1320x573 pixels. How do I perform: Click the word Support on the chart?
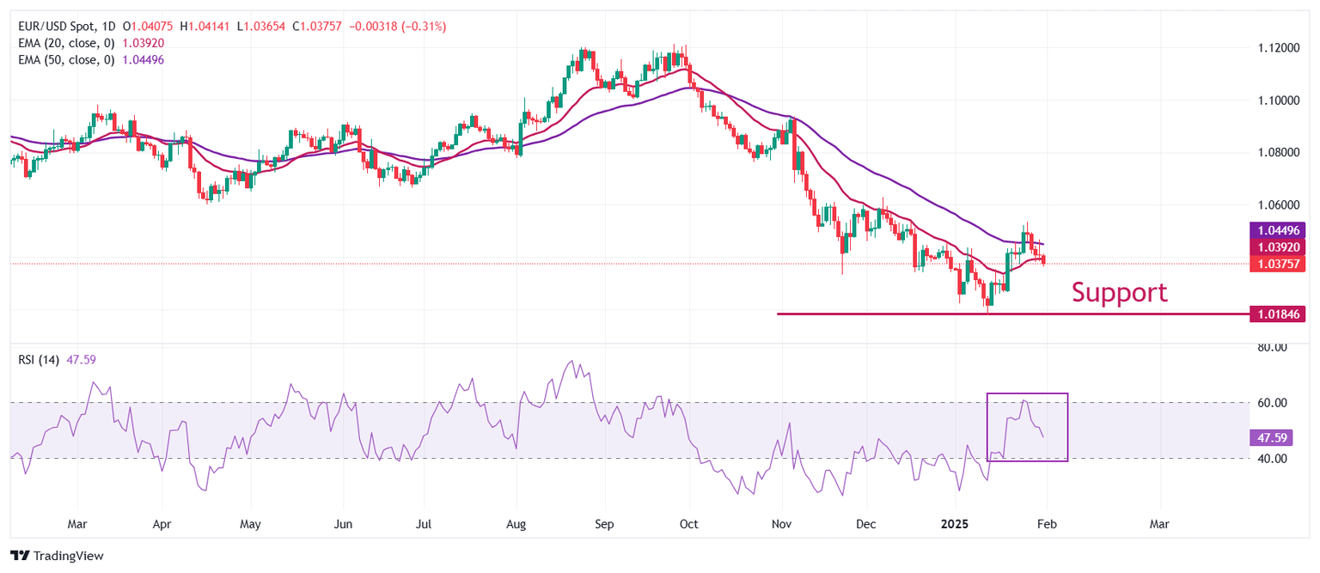[x=1119, y=293]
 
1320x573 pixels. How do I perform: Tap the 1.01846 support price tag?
[x=1276, y=314]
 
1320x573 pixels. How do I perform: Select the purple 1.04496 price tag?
[x=1276, y=230]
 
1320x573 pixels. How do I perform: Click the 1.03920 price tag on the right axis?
[x=1276, y=247]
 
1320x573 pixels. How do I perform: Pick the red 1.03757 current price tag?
[x=1276, y=264]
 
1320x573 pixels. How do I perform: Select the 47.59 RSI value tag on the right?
[x=1271, y=438]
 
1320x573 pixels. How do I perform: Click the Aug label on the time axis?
[x=516, y=523]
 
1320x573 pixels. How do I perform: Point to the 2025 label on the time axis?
[x=956, y=523]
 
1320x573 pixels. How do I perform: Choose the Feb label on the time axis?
[x=1044, y=523]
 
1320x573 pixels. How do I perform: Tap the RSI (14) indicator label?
[x=39, y=360]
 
